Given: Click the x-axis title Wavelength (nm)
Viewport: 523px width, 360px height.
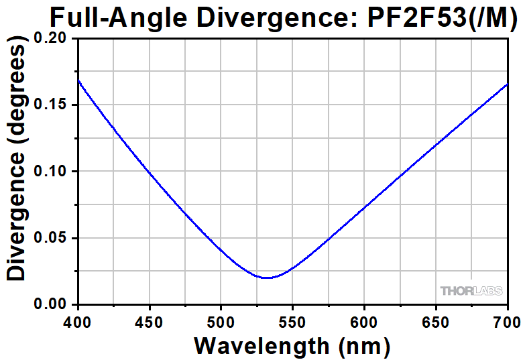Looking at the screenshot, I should point(292,345).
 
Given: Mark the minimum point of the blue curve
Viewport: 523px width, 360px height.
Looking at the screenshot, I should point(268,278).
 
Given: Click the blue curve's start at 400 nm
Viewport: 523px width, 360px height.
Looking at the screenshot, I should point(78,80).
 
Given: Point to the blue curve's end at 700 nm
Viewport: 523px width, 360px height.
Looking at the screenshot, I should point(508,84).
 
